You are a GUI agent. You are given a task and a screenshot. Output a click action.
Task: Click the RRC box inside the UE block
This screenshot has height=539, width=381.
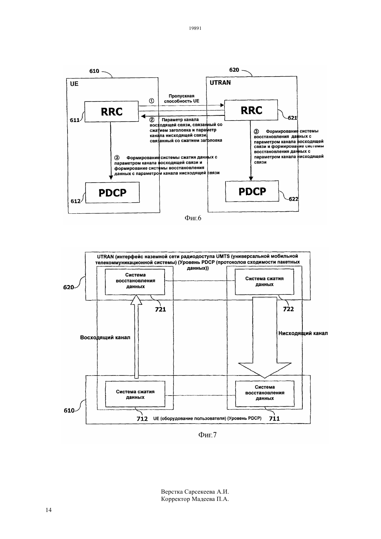112,112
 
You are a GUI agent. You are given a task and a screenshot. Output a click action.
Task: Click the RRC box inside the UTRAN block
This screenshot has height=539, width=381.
251,110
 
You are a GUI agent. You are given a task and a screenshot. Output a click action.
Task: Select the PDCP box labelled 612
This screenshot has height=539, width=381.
113,193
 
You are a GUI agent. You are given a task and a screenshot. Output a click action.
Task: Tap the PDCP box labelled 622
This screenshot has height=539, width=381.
252,191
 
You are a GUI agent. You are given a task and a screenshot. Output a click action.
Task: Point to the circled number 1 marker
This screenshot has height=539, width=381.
152,101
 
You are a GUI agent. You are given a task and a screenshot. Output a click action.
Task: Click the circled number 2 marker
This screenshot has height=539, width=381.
152,120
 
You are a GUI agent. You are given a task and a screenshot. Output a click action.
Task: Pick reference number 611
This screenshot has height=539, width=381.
74,120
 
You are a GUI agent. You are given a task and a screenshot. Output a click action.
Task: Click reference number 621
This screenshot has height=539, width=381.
292,118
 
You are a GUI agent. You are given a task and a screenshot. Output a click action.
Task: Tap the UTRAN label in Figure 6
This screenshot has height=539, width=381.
220,83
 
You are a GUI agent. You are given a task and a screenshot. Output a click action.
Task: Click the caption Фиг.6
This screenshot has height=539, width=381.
193,218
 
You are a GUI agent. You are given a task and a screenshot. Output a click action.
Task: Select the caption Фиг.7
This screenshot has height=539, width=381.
207,435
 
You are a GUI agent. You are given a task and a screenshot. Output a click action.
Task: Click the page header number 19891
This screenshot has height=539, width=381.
195,28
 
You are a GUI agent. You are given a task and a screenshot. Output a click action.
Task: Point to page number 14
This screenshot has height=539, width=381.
48,510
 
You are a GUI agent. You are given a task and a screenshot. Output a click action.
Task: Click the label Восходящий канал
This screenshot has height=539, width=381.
105,338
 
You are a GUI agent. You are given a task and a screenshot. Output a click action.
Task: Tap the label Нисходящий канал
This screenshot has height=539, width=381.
303,333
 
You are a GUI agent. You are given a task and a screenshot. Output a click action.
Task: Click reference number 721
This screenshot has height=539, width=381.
160,309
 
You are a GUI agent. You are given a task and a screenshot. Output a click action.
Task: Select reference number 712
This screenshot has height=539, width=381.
142,419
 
